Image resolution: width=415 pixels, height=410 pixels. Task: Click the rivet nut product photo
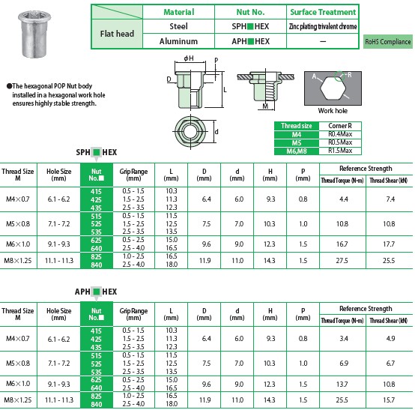[x=34, y=34]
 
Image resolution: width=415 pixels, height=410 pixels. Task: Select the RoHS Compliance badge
[x=388, y=41]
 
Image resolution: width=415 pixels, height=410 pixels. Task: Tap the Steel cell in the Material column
[x=178, y=26]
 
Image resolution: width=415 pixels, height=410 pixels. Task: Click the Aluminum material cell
[x=178, y=41]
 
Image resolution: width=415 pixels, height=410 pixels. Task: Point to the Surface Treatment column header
[x=323, y=12]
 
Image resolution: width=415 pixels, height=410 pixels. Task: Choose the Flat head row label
[x=117, y=34]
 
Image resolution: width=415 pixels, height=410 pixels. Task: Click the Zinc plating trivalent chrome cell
[x=323, y=26]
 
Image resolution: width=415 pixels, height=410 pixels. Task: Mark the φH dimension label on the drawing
[x=189, y=58]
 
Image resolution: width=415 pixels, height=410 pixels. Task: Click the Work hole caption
[x=333, y=111]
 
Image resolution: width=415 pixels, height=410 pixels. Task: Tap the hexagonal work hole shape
[x=333, y=88]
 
